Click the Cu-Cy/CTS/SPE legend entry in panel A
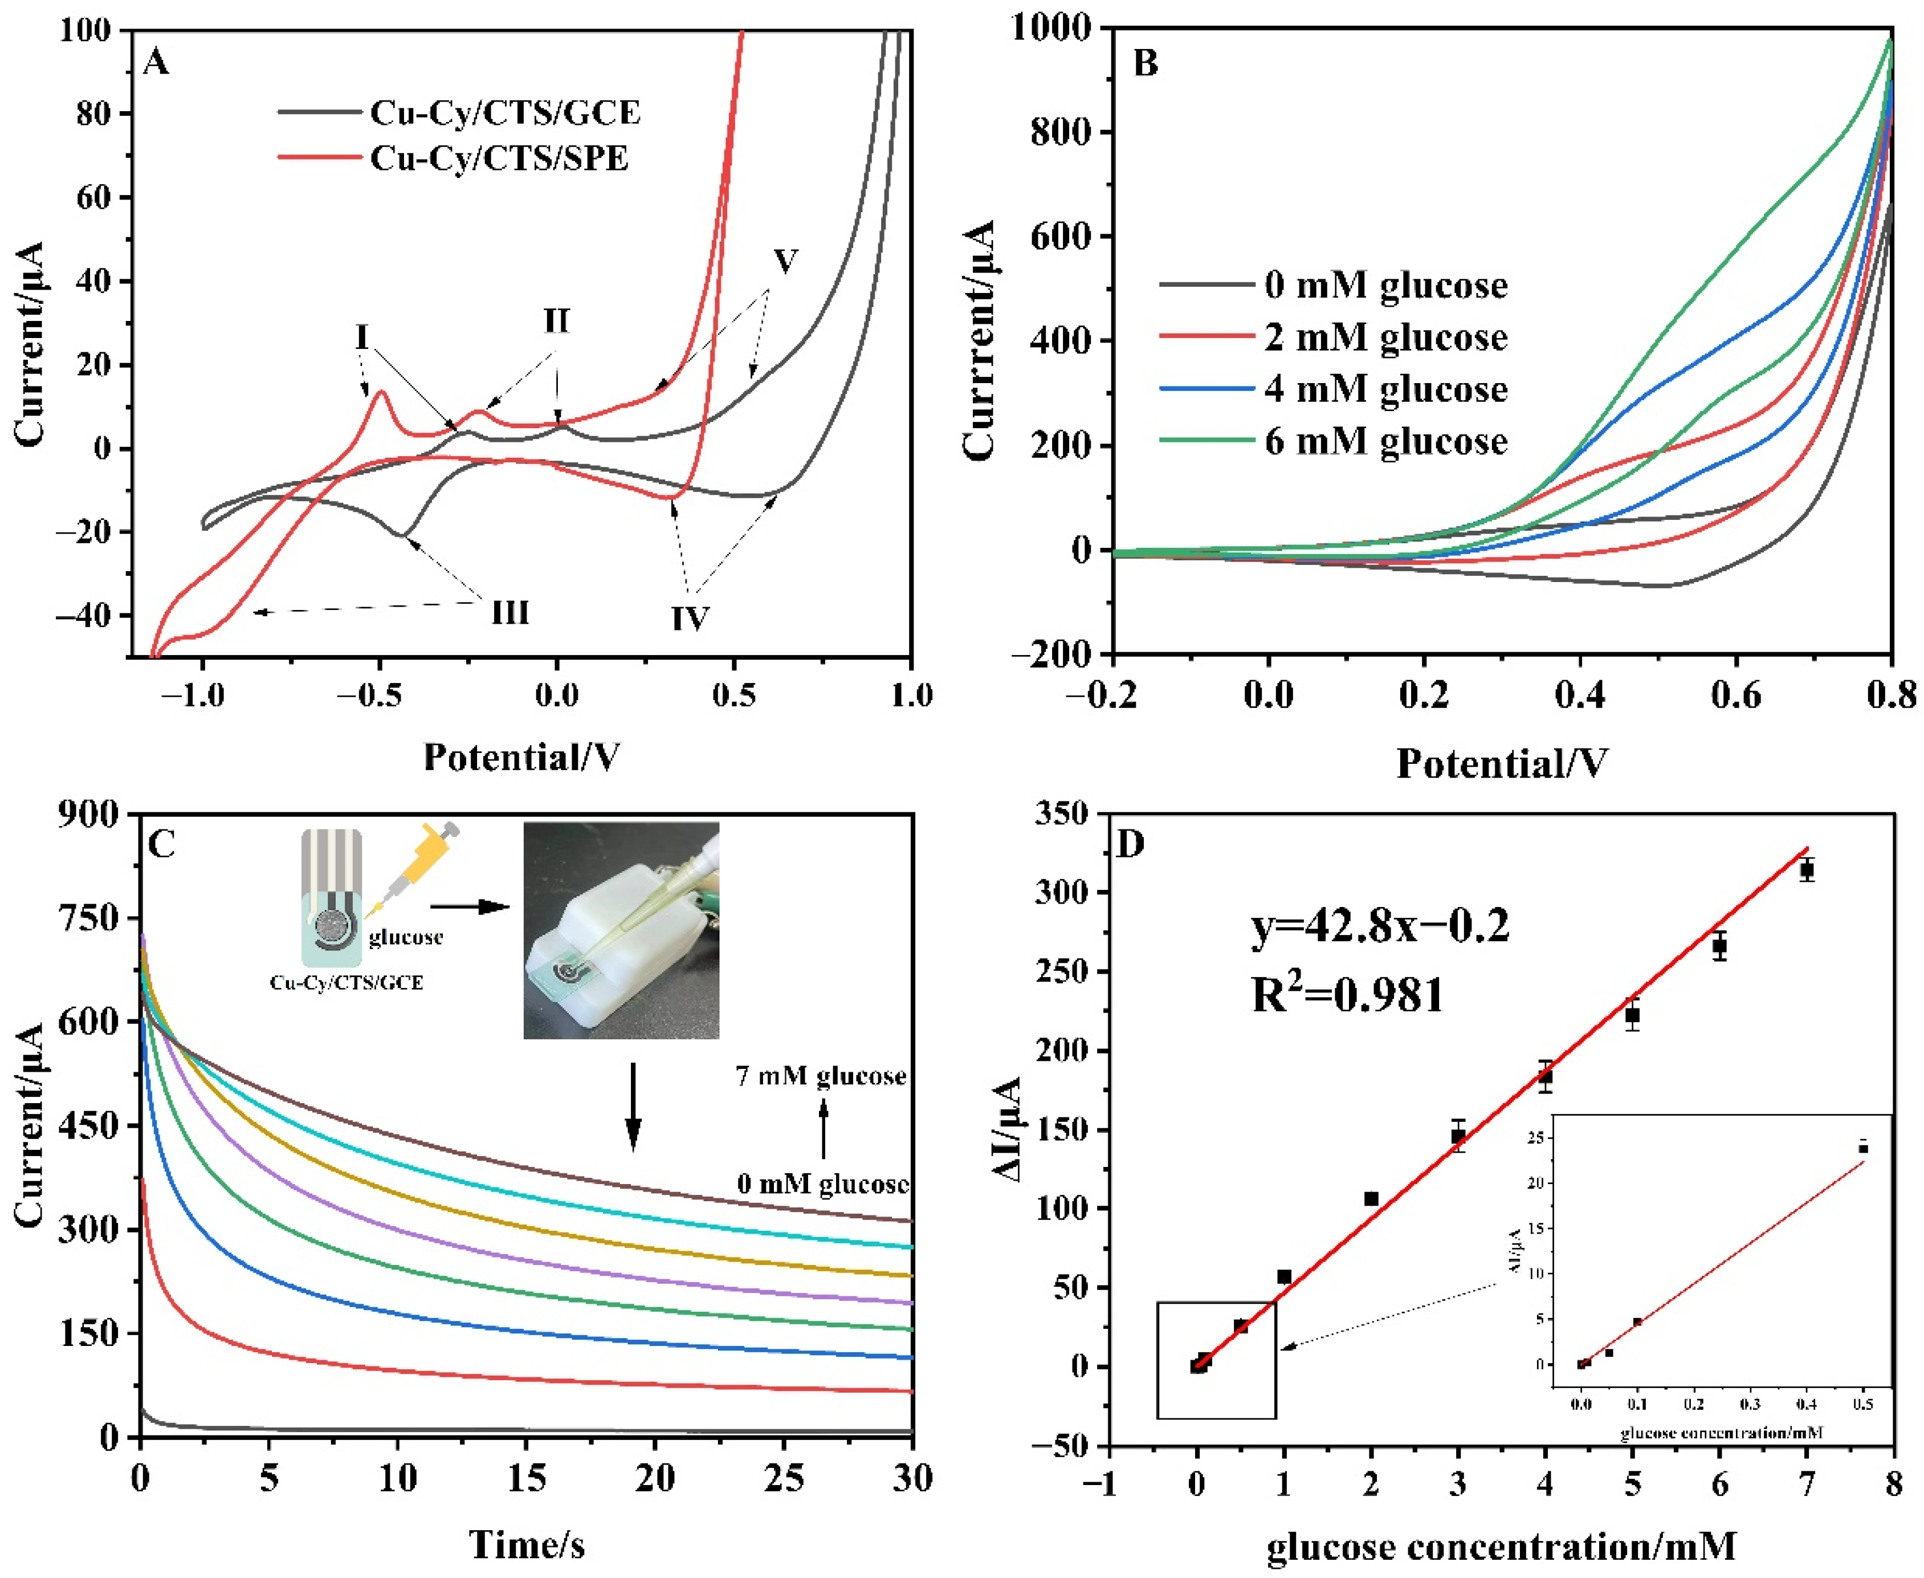(498, 158)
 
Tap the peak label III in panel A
(510, 613)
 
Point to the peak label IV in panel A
(690, 619)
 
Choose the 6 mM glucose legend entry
(1384, 441)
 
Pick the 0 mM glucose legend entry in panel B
(1384, 284)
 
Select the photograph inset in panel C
(621, 930)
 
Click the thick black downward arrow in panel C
(634, 1106)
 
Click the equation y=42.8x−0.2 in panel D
(1380, 927)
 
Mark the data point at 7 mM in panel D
(1807, 870)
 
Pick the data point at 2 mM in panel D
(1371, 1199)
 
